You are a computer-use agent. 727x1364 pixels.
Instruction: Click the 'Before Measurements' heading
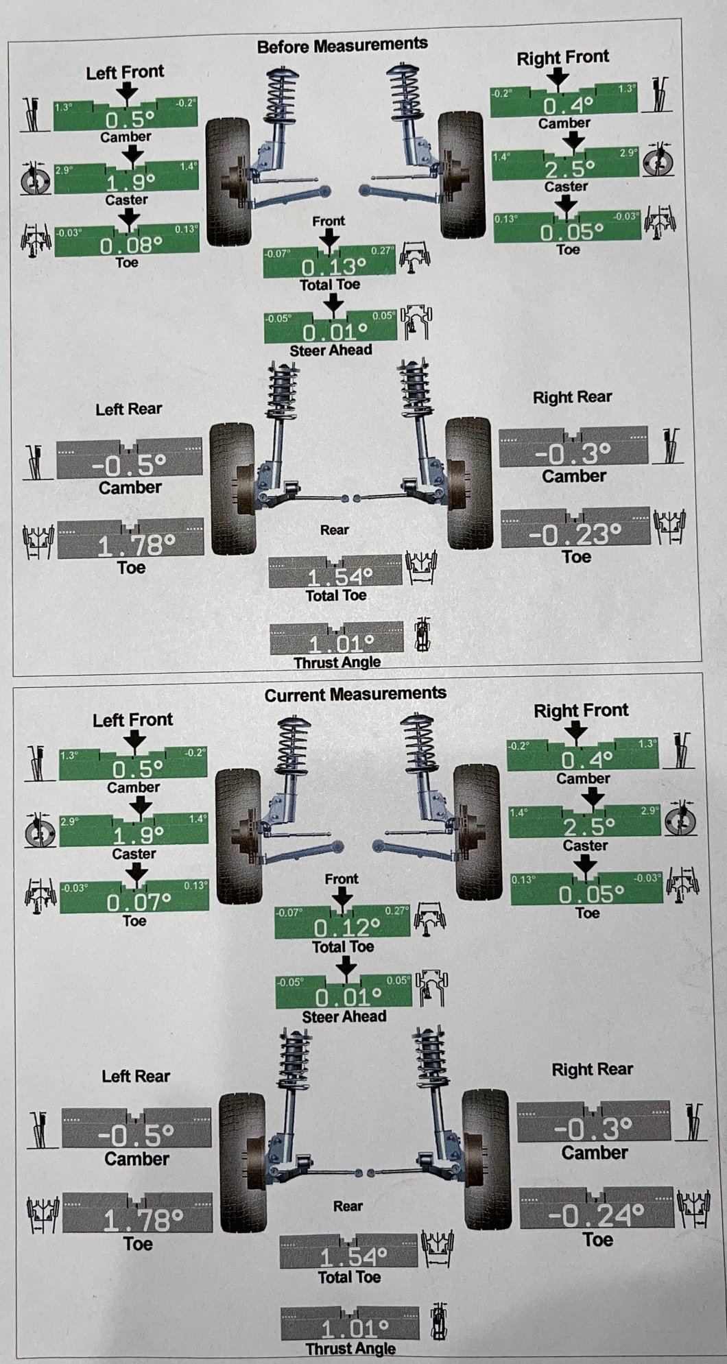pyautogui.click(x=342, y=45)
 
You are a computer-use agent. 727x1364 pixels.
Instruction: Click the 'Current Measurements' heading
pyautogui.click(x=355, y=694)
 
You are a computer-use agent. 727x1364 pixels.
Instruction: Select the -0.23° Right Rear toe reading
pyautogui.click(x=577, y=534)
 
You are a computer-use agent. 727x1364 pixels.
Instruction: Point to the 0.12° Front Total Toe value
pyautogui.click(x=347, y=928)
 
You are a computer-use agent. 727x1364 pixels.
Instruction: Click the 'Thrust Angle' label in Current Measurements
pyautogui.click(x=350, y=1348)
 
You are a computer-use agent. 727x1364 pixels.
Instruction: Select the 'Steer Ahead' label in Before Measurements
pyautogui.click(x=331, y=350)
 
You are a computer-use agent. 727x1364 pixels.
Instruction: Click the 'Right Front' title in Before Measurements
pyautogui.click(x=562, y=58)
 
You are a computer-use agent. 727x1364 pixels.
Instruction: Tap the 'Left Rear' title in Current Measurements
pyautogui.click(x=136, y=1076)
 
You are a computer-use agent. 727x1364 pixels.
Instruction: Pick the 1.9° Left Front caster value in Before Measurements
pyautogui.click(x=130, y=182)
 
